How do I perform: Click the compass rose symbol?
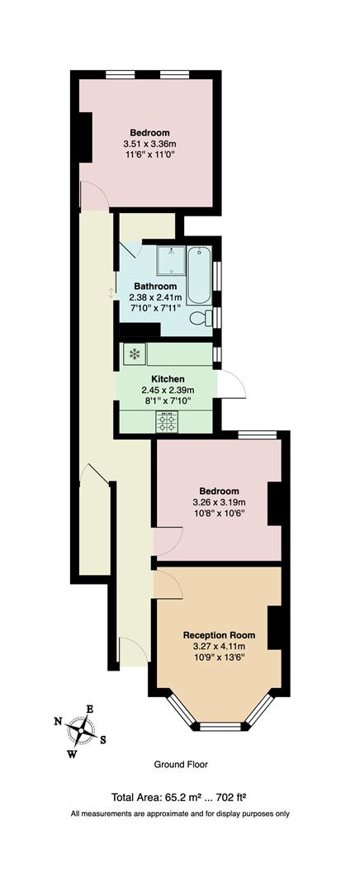click(x=82, y=731)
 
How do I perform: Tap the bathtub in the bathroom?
click(x=199, y=275)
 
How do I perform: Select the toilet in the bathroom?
click(x=200, y=319)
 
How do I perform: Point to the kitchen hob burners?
click(x=167, y=423)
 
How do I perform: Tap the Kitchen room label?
click(x=166, y=380)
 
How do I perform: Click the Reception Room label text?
click(x=219, y=635)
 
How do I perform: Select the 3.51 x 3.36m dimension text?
click(x=149, y=144)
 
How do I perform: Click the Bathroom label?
click(x=155, y=287)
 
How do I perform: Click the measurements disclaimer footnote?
click(x=179, y=814)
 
